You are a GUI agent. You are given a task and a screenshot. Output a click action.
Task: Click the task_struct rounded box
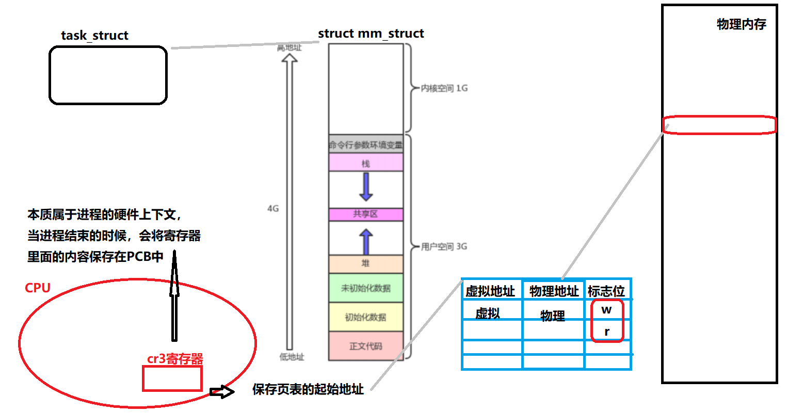coord(108,75)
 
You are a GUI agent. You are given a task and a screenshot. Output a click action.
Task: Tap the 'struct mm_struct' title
coord(371,34)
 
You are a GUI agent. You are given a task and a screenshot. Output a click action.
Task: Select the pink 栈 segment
coord(366,163)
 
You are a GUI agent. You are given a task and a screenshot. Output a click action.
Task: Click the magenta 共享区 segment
coord(366,214)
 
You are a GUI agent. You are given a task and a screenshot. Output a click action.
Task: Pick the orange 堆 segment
coord(366,263)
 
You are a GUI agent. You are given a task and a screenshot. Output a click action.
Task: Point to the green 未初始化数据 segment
coord(366,288)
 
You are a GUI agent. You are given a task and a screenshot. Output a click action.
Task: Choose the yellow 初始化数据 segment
coord(366,317)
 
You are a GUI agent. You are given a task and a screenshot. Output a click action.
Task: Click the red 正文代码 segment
coord(366,346)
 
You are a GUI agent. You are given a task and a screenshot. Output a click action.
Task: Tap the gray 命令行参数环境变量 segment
coord(366,145)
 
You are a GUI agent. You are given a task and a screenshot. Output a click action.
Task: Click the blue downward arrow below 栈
coord(366,187)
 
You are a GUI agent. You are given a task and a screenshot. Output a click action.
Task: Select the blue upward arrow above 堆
coord(366,241)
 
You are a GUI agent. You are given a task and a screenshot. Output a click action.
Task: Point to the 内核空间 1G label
coord(444,88)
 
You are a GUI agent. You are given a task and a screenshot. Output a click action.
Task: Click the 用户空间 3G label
coord(444,246)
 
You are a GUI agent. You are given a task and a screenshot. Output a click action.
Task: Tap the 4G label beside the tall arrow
coord(273,209)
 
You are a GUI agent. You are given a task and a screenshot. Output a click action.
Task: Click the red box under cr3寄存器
coord(172,378)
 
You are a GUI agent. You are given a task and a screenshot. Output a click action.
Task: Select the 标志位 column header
coord(606,291)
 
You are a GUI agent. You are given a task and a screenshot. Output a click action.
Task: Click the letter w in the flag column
coord(607,310)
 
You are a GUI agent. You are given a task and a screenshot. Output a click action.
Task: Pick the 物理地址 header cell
coord(554,291)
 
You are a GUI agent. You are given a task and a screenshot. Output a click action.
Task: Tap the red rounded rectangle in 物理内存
coord(719,125)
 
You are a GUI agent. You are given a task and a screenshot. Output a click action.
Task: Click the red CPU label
coord(38,288)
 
